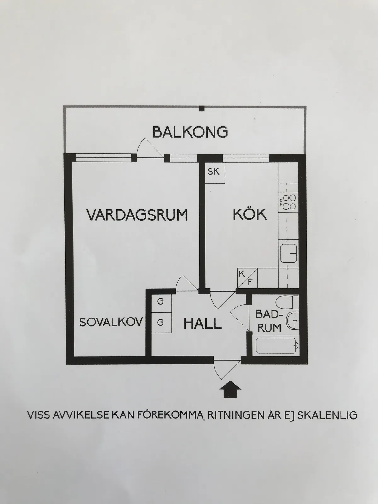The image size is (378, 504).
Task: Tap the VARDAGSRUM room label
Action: [137, 215]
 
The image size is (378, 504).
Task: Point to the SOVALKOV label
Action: [111, 322]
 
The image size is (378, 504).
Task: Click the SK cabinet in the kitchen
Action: [215, 173]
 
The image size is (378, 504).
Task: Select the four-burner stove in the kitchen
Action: [289, 202]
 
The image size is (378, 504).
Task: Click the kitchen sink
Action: [289, 253]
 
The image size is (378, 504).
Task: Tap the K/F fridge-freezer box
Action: [247, 278]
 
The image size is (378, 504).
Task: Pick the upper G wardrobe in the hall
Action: [161, 303]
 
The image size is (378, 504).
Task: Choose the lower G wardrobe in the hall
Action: [161, 323]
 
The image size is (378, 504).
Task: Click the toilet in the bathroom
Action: [287, 302]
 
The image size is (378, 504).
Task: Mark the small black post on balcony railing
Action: [202, 108]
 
